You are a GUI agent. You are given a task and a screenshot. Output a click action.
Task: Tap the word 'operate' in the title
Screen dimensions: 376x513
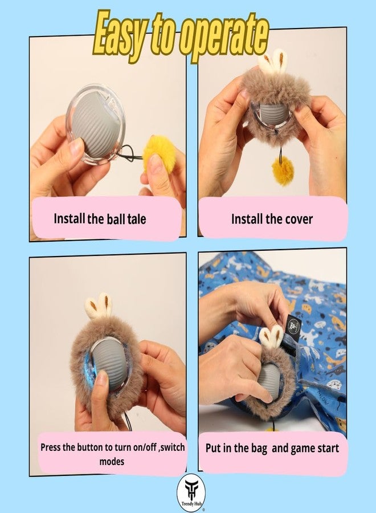click(224, 36)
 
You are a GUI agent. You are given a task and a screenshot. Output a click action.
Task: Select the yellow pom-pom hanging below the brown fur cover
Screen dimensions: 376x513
click(283, 170)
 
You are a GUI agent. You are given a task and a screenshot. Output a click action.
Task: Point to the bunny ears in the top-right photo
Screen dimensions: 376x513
click(272, 62)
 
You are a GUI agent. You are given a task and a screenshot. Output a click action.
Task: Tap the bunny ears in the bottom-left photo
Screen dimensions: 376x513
click(99, 306)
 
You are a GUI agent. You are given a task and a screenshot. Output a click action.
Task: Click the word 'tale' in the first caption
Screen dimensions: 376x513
click(136, 219)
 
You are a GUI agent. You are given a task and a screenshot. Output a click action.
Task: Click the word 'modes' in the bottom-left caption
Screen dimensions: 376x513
click(112, 462)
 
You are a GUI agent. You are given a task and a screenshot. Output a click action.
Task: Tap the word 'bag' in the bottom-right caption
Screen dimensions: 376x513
click(259, 448)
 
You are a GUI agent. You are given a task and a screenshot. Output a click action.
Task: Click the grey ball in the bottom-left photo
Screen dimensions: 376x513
click(109, 363)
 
